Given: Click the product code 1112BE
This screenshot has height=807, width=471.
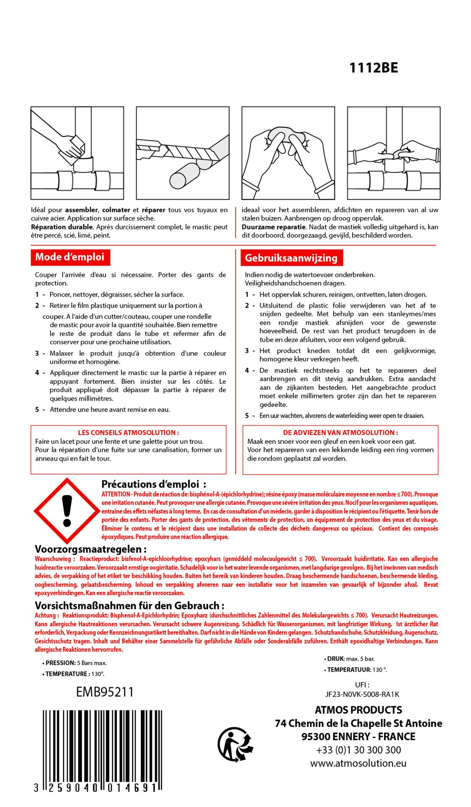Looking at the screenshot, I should [374, 68].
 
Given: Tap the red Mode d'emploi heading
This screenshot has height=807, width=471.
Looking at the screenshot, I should [70, 257].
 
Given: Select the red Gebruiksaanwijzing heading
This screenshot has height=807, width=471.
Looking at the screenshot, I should [291, 258].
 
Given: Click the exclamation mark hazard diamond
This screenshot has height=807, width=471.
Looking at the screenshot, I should [66, 511].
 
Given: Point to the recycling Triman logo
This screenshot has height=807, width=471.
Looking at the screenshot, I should [235, 744].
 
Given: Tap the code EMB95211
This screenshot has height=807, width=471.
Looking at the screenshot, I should [105, 692].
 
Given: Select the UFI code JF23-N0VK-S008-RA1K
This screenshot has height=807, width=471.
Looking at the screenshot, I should [362, 694].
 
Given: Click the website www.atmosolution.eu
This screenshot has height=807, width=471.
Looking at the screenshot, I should [358, 763].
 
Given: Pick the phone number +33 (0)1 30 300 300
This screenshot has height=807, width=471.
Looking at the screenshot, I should [358, 750].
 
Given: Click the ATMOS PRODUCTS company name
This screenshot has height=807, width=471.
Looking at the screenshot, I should [358, 710].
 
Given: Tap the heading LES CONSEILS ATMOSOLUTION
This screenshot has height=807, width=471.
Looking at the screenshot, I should [128, 433].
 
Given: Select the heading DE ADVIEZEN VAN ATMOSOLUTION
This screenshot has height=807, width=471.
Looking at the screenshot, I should [340, 433].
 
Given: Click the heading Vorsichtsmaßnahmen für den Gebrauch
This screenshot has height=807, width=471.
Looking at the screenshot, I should [129, 606].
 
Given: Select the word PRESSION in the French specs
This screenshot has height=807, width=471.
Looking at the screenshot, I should [61, 663].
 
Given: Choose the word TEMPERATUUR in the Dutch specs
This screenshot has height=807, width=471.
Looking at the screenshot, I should [349, 670].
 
